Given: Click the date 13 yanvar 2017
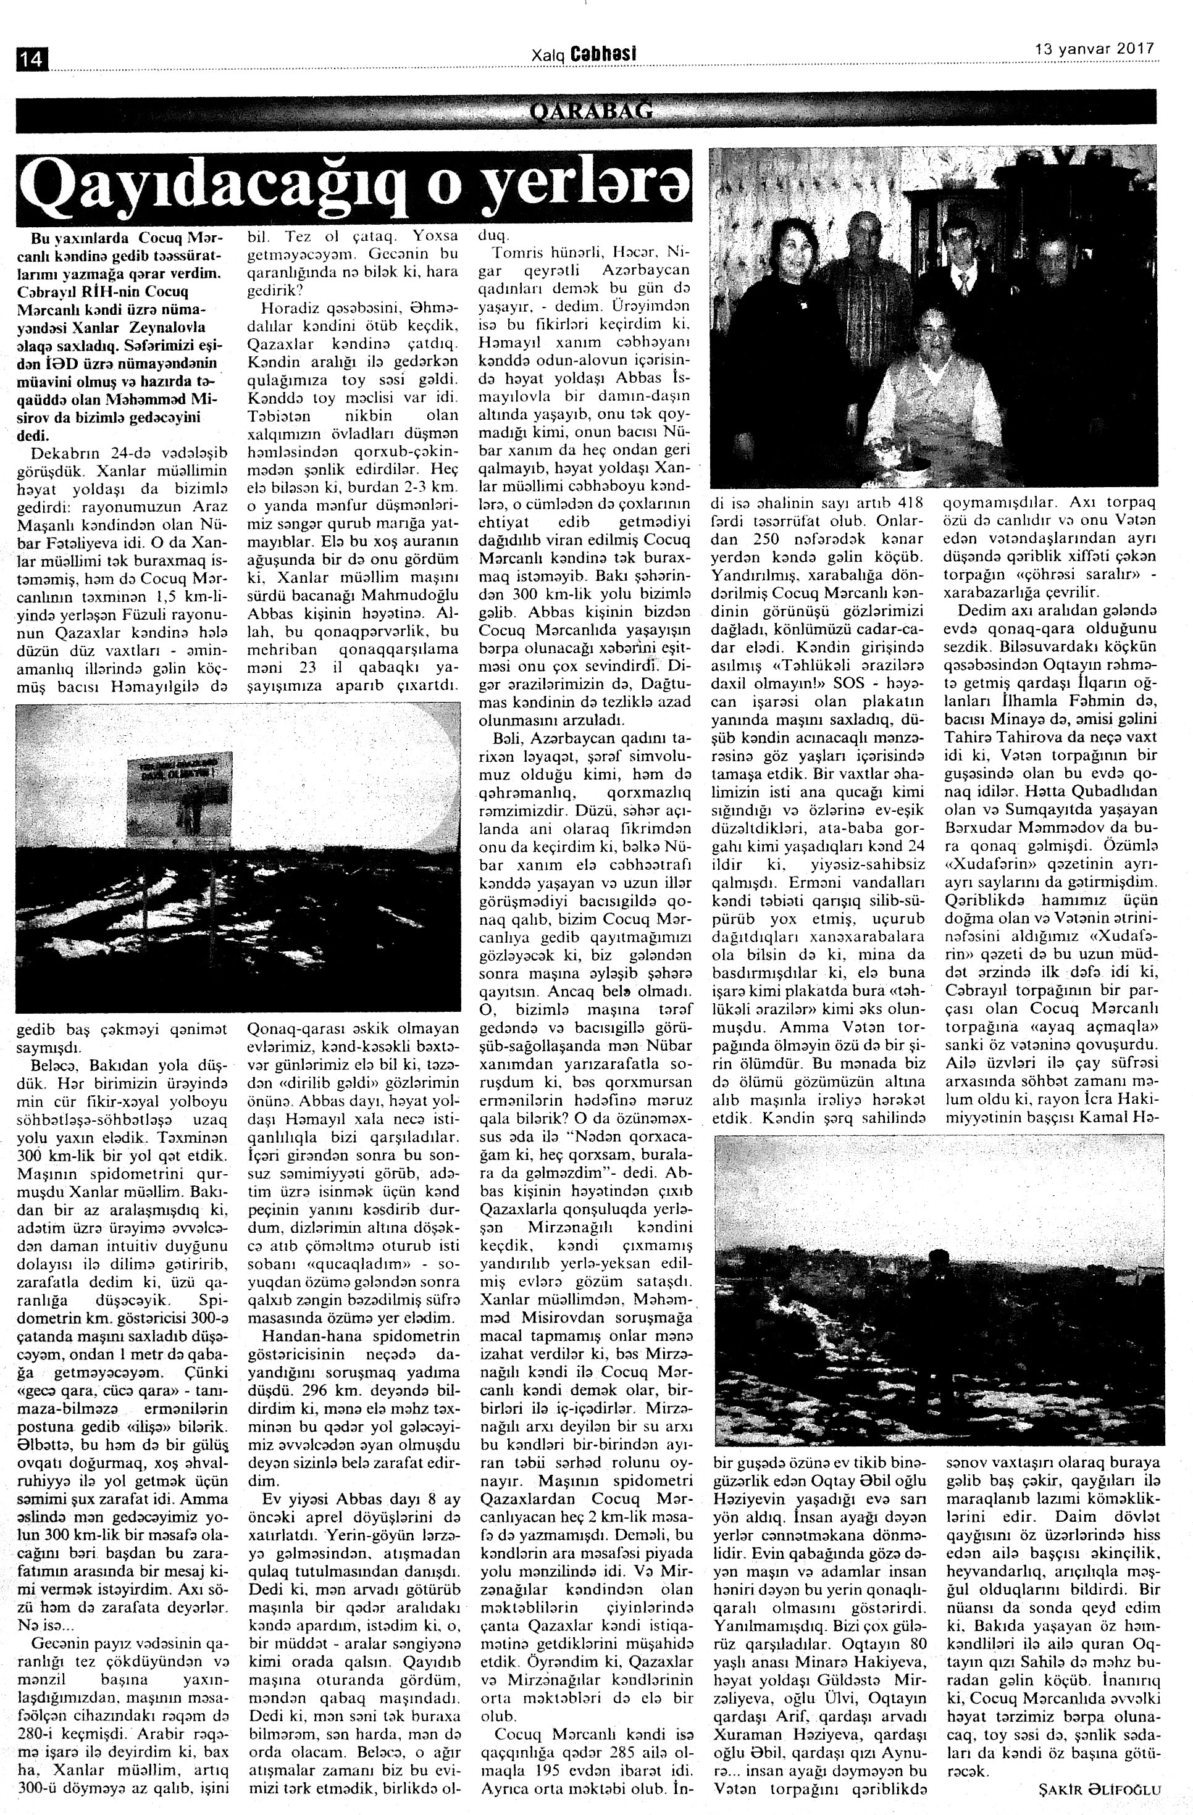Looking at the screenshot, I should click(1094, 48).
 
